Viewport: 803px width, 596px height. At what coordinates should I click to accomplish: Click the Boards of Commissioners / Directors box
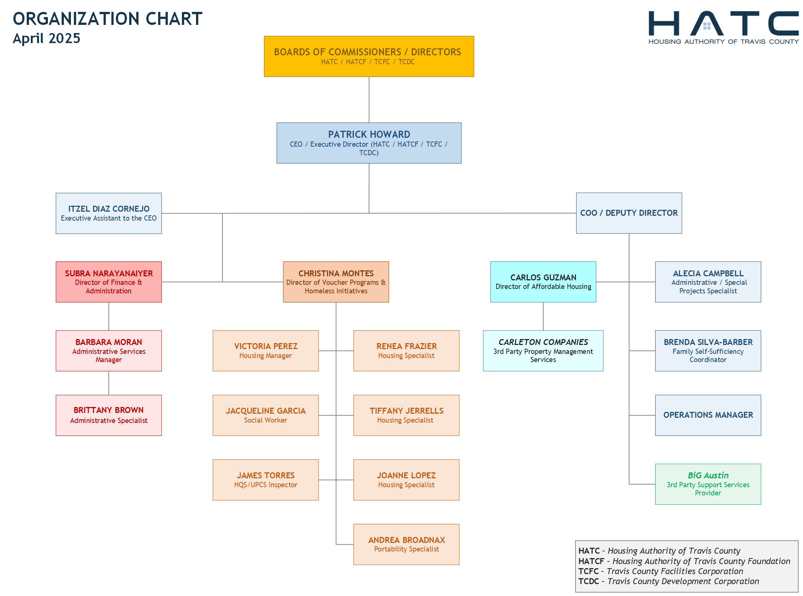(369, 56)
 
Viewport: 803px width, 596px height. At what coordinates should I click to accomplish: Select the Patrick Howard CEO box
(369, 143)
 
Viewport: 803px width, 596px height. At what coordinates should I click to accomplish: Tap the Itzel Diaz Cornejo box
(109, 213)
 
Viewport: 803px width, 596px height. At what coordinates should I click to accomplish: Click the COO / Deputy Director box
(629, 213)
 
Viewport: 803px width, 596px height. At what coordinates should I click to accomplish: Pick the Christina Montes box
(336, 282)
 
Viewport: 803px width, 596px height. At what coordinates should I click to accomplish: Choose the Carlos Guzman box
(543, 282)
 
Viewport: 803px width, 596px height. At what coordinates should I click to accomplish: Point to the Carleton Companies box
(543, 351)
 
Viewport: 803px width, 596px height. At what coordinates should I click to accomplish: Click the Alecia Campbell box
(708, 282)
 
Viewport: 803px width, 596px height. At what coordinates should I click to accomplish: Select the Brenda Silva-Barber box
(708, 351)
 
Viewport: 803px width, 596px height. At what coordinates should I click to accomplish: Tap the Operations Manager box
(708, 415)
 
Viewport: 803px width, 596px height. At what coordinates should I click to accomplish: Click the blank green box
(708, 484)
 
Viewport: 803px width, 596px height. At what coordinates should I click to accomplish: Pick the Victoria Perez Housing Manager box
(266, 351)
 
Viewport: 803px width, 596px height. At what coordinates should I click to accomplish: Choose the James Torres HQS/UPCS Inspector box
(266, 480)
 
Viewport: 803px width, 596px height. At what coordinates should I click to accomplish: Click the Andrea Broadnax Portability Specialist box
(407, 544)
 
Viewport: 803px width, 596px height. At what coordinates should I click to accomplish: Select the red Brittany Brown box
(109, 415)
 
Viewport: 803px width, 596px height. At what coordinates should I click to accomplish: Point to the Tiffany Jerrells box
(407, 415)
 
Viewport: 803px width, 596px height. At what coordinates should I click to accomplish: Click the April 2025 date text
(46, 38)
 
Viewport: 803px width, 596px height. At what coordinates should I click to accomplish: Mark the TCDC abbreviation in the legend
(588, 581)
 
